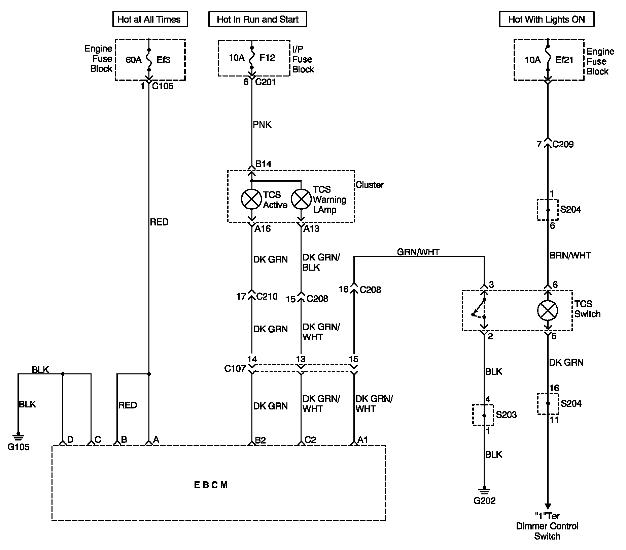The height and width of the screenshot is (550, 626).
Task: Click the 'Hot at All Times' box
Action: click(x=150, y=19)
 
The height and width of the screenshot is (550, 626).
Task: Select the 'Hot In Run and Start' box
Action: click(x=257, y=19)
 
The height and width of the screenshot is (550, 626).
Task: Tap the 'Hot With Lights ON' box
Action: click(x=547, y=19)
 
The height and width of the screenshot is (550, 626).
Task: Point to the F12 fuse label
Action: click(x=267, y=58)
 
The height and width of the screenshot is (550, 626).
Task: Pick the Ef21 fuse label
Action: click(x=564, y=60)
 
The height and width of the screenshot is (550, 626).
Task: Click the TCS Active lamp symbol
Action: click(x=251, y=199)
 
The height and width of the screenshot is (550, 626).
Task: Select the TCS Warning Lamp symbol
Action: click(x=301, y=199)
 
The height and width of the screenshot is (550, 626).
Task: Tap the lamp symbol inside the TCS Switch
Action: click(x=548, y=310)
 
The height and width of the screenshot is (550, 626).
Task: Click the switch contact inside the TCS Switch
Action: click(x=479, y=308)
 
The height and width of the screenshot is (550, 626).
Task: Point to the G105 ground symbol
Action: click(x=19, y=436)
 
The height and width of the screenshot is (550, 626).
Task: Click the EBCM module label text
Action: click(x=211, y=485)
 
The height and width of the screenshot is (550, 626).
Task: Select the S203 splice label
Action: click(x=506, y=415)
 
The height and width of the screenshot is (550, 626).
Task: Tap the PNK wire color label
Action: click(x=262, y=125)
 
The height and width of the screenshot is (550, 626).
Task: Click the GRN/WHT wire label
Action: click(x=418, y=252)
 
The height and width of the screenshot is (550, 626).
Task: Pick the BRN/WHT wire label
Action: click(x=570, y=255)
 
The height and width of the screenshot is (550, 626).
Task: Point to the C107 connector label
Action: click(x=235, y=369)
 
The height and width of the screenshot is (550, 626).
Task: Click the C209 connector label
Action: click(x=563, y=144)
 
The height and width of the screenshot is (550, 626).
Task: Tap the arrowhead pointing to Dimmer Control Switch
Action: click(x=548, y=506)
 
